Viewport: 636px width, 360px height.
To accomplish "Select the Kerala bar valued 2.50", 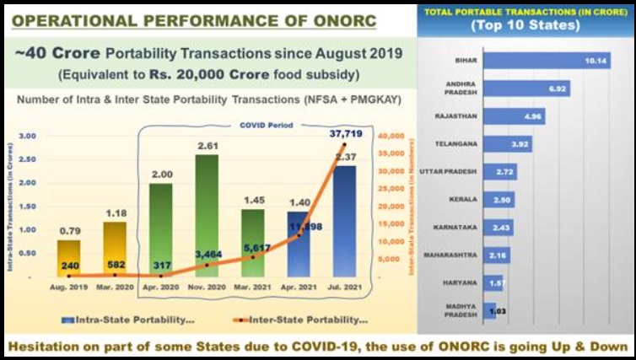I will pos(499,199).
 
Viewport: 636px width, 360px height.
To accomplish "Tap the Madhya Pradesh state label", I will pos(461,309).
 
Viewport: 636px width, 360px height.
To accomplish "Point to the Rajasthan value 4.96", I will pos(533,116).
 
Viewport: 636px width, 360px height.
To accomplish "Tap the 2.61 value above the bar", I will pos(208,146).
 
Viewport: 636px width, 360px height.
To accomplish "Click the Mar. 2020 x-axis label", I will pos(116,287).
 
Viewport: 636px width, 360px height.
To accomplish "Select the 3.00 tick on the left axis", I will pos(27,136).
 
